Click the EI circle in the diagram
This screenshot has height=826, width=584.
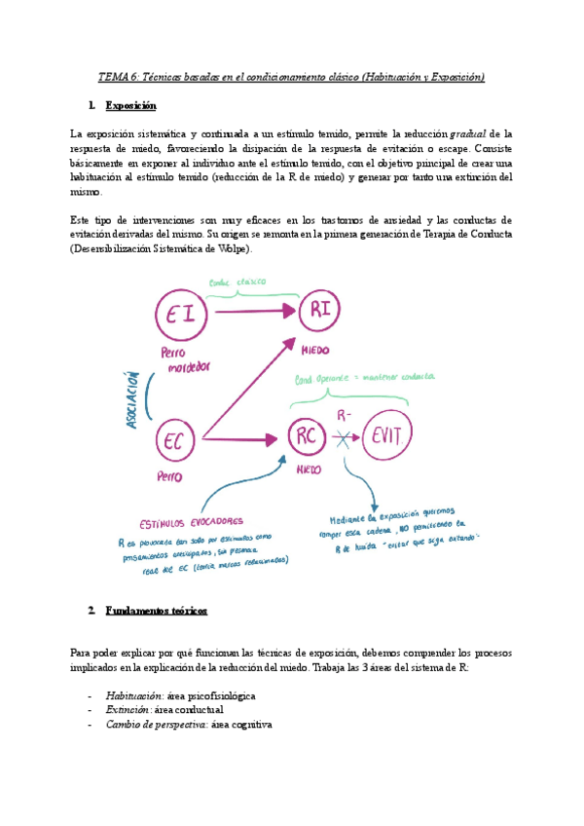(184, 313)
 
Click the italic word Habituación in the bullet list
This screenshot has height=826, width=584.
(134, 695)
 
